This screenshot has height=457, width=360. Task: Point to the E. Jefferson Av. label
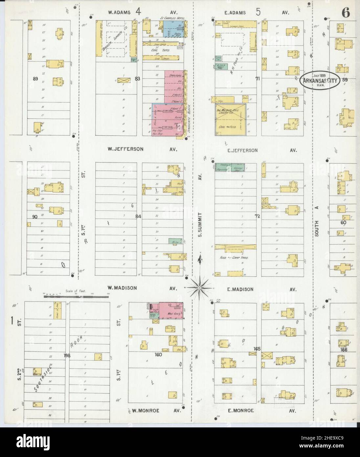259,150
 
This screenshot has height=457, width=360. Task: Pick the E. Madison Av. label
259,289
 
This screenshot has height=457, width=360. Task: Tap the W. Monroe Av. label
157,411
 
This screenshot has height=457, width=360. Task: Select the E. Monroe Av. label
259,411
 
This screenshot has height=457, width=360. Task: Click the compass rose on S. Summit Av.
199,288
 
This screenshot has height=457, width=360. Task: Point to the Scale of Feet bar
76,296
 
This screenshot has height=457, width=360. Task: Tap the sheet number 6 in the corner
346,13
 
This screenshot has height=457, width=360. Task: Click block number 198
67,355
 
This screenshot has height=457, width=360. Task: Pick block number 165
257,349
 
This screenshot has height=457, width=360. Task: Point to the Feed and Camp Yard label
235,258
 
